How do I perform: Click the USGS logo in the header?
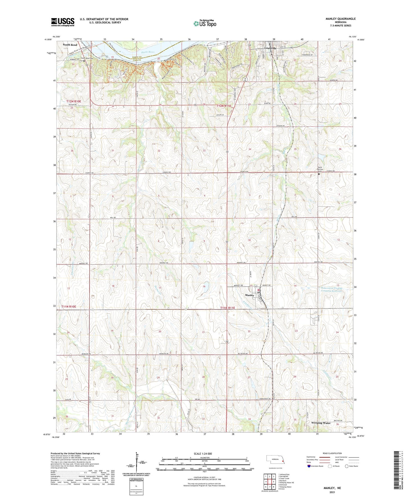[x=62, y=22]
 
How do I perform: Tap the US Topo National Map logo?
[x=204, y=23]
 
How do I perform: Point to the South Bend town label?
[x=70, y=45]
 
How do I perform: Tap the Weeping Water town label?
[x=321, y=423]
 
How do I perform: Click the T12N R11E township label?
[x=223, y=106]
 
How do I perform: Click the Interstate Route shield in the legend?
[x=309, y=466]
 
